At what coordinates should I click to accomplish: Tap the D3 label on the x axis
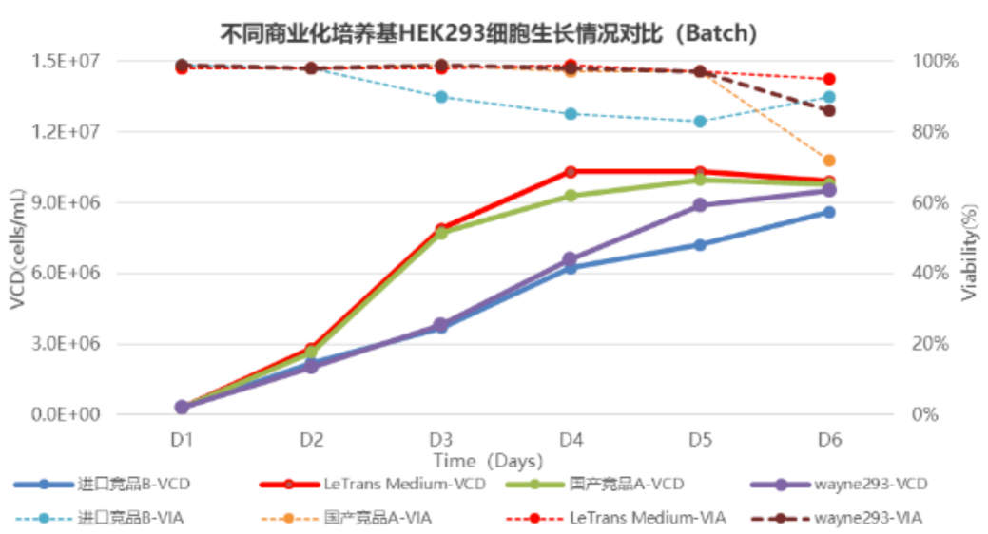point(440,440)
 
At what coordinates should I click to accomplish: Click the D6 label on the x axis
point(829,440)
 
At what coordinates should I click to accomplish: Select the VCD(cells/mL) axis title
point(18,249)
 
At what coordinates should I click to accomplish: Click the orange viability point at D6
point(829,161)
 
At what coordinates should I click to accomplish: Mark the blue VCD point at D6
point(829,212)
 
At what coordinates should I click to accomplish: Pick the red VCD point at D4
point(571,172)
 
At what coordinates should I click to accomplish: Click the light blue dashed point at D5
point(700,122)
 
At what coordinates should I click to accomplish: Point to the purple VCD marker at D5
point(700,205)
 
